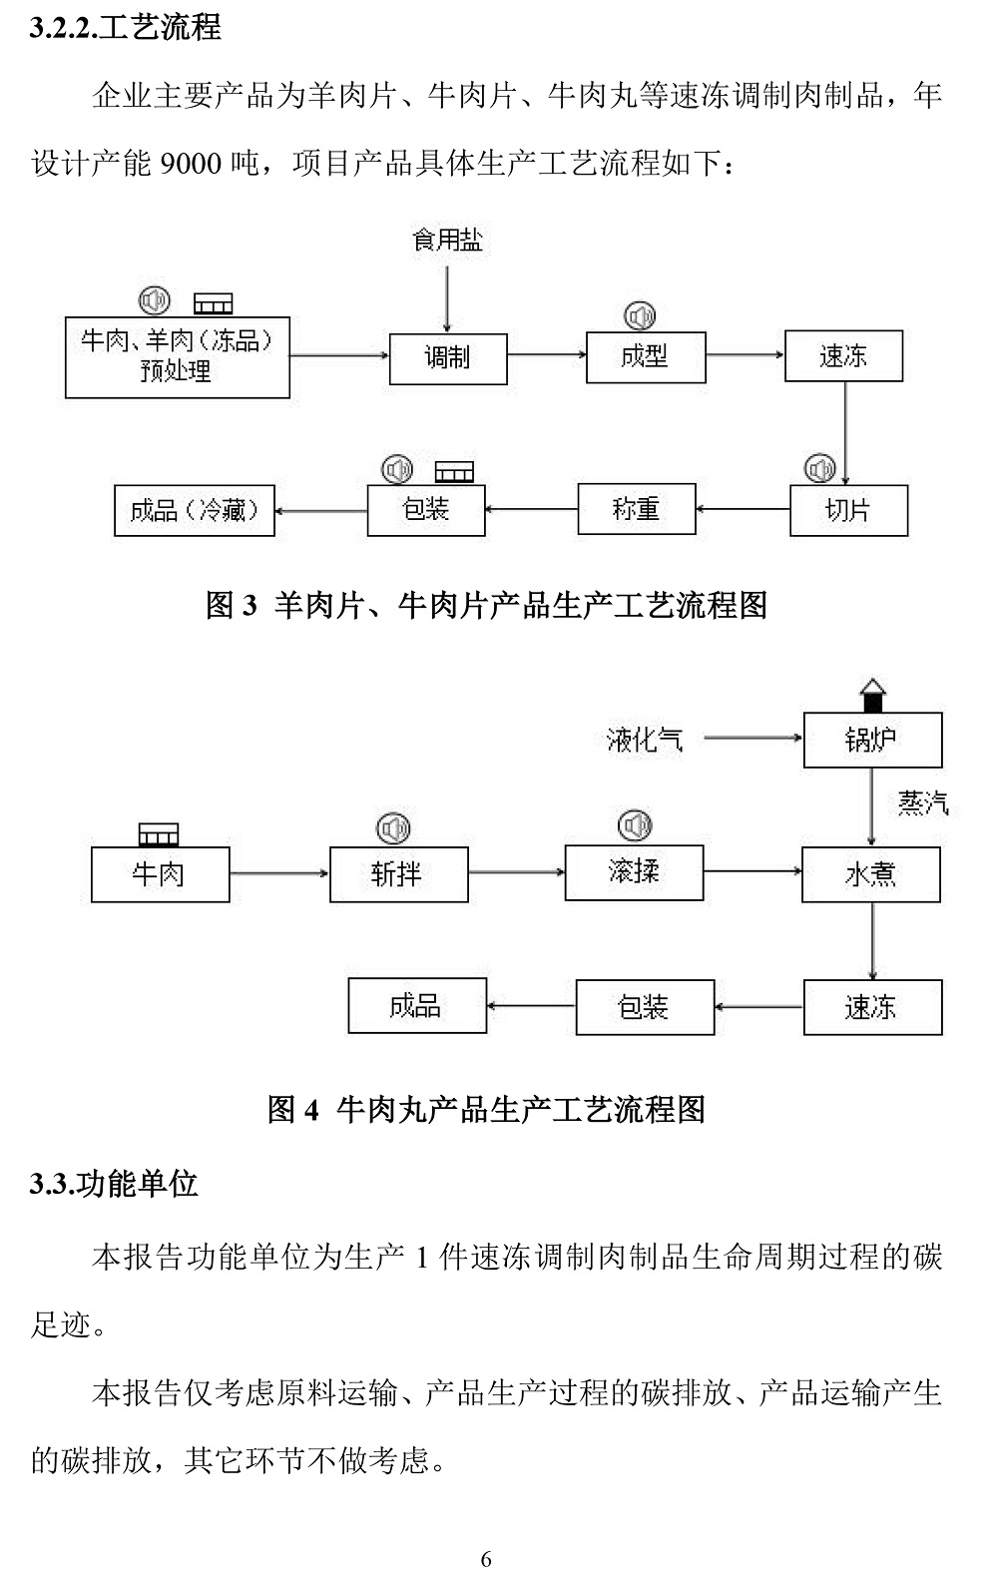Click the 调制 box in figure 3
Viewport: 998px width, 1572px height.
click(447, 358)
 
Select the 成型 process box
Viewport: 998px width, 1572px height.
click(645, 356)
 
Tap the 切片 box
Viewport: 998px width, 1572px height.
click(848, 510)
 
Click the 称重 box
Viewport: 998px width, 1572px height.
click(636, 509)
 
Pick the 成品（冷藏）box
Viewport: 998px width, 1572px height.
click(195, 510)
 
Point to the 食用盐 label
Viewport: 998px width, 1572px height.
click(447, 240)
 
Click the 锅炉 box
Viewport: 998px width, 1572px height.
click(872, 740)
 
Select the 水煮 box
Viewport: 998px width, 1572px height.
click(870, 874)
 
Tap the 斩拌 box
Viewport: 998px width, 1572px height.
click(398, 874)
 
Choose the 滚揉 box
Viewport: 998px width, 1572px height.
click(634, 872)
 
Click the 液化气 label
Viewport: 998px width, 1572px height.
click(645, 740)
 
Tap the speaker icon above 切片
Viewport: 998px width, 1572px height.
click(820, 468)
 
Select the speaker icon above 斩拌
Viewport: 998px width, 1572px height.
click(394, 827)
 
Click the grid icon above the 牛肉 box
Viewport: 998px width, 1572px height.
click(158, 834)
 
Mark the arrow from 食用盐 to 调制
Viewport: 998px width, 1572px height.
click(447, 294)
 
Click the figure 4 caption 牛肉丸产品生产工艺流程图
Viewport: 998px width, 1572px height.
click(486, 1109)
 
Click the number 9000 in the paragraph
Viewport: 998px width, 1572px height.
click(190, 163)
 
